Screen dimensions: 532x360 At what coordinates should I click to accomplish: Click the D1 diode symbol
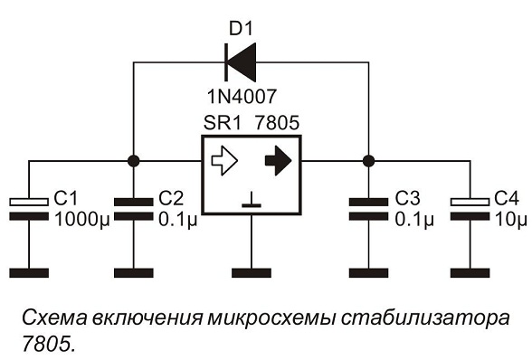coord(241,62)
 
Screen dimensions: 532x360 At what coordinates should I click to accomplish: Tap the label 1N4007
coord(242,97)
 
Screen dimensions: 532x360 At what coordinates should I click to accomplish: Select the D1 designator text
coord(241,29)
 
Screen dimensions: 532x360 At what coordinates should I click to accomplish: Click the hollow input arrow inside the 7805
coord(224,160)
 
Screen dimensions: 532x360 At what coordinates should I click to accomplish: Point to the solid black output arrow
coord(279,160)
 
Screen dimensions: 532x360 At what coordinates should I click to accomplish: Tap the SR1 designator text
coord(223,123)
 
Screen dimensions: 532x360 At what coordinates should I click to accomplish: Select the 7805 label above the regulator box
coord(277,123)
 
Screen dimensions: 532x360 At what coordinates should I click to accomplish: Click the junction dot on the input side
coord(133,160)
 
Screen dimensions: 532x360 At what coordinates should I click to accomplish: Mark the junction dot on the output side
coord(368,160)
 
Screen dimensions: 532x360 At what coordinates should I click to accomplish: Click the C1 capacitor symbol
coord(29,209)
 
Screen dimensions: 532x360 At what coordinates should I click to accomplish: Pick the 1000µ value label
coord(82,220)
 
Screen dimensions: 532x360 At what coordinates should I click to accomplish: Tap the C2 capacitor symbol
coord(133,209)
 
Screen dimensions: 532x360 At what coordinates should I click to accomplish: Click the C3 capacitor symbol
coord(368,209)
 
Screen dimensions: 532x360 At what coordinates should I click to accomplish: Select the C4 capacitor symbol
coord(470,209)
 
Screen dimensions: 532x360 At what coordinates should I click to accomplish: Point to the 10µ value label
coord(510,220)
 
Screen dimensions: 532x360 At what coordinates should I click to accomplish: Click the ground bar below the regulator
coord(252,273)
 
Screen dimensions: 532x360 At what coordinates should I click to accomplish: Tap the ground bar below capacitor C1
coord(29,273)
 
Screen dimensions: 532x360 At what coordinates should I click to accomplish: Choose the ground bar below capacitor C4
coord(470,273)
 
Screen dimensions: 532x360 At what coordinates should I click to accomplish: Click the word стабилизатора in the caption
coord(425,318)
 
